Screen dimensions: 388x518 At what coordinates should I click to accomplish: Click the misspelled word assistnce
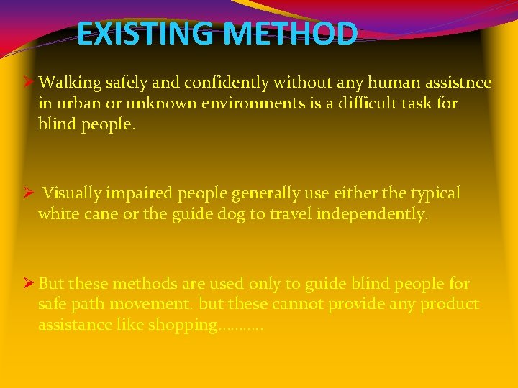point(455,83)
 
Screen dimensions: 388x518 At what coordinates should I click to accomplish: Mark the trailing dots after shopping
point(241,328)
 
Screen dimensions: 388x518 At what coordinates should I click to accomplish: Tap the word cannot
point(298,304)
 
